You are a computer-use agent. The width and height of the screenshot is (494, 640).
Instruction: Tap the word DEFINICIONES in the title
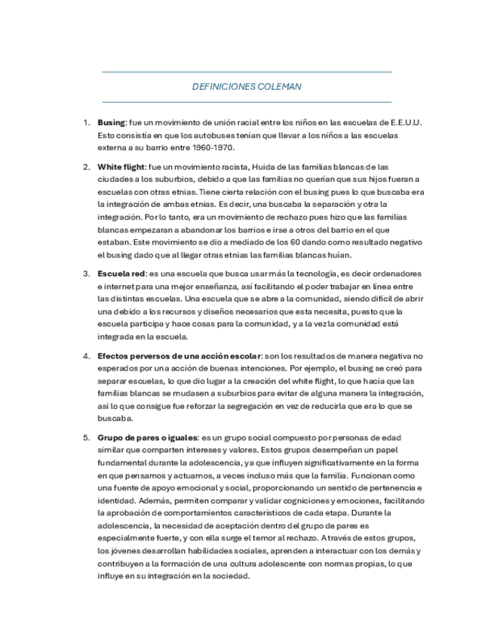tap(224, 87)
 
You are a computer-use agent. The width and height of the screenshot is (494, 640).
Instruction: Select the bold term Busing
tap(111, 122)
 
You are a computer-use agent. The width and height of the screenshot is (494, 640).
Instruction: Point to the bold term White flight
tap(121, 166)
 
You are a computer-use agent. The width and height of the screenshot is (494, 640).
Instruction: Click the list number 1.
tap(85, 122)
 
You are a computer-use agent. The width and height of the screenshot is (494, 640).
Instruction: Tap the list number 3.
tap(85, 273)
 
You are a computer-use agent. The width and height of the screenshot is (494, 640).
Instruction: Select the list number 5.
tap(85, 437)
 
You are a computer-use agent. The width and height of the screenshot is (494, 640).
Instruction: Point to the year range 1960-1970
tap(214, 147)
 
